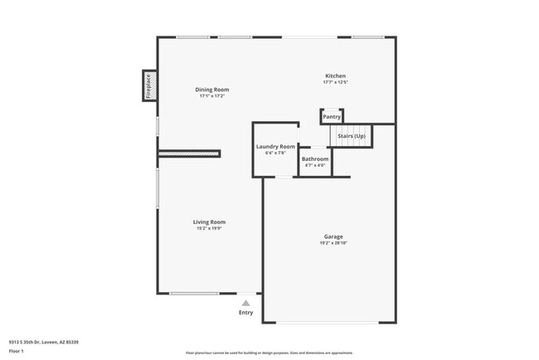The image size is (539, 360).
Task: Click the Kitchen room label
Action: click(x=334, y=75)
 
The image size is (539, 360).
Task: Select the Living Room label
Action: click(x=210, y=221)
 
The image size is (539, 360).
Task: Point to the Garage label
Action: click(x=333, y=236)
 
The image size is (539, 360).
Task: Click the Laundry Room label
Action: click(x=275, y=146)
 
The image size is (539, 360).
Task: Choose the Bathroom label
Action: click(x=315, y=158)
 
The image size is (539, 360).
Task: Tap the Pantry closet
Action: click(x=332, y=117)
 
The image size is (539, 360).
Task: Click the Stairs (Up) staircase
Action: click(x=352, y=135)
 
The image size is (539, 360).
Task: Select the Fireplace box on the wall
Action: click(x=149, y=85)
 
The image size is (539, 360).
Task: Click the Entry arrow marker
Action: click(x=246, y=303)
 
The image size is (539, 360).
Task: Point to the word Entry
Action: click(x=246, y=313)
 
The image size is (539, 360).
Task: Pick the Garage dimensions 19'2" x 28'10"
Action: click(x=333, y=243)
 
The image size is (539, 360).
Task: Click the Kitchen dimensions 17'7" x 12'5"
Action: click(x=334, y=82)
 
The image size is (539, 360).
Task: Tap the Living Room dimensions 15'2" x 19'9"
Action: click(x=210, y=228)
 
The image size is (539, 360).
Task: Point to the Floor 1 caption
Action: click(x=17, y=351)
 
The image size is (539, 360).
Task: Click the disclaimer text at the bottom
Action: click(x=269, y=353)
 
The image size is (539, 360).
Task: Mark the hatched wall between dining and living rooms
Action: click(x=189, y=153)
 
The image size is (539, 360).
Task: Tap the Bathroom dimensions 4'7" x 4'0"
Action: click(x=315, y=165)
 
